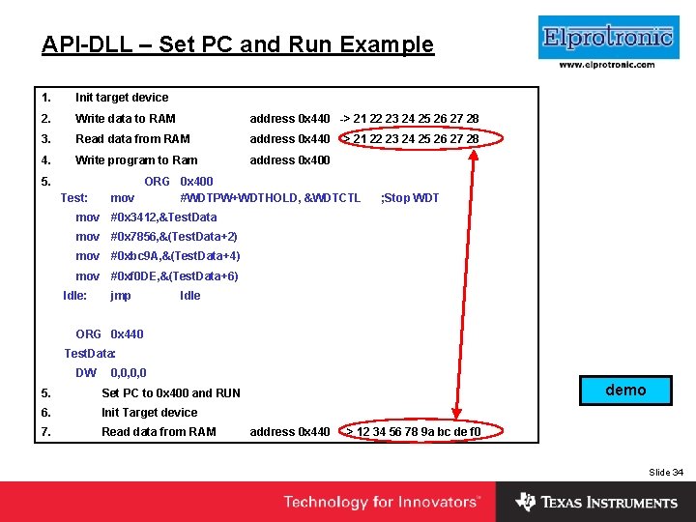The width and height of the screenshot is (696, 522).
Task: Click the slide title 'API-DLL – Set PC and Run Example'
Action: [238, 44]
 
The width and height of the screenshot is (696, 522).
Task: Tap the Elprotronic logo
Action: [607, 38]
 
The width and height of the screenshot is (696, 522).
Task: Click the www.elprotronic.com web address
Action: [607, 65]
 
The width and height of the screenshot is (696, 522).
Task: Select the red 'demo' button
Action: [625, 390]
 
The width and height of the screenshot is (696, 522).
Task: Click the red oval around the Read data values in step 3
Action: [410, 138]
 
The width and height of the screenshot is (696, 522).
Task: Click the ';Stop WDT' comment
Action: [410, 198]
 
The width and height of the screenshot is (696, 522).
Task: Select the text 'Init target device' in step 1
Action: [122, 98]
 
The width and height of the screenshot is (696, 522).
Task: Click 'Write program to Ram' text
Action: [136, 160]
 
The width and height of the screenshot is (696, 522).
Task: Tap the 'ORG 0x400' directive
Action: [178, 182]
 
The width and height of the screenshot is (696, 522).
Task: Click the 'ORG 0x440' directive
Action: [109, 334]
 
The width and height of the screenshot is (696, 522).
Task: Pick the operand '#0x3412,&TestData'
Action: [163, 217]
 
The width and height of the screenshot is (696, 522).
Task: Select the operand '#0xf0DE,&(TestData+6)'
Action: [174, 276]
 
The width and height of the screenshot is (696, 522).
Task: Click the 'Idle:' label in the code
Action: [74, 296]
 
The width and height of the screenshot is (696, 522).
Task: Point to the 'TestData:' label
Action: [90, 354]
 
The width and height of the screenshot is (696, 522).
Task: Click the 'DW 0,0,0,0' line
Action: [111, 373]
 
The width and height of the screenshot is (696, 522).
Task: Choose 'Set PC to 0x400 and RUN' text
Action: [171, 393]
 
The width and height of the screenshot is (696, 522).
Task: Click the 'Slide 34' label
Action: [665, 472]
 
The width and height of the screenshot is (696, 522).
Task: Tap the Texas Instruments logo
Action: [596, 503]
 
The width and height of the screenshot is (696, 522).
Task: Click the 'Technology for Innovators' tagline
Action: [381, 503]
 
